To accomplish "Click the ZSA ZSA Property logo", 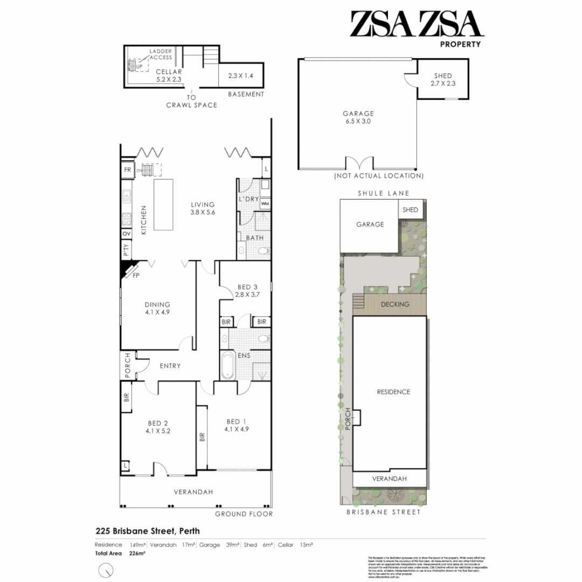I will click(415, 28).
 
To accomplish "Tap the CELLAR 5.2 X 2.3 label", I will click(169, 75).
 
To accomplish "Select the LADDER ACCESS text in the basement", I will click(161, 54).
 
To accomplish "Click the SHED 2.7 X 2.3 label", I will click(443, 80).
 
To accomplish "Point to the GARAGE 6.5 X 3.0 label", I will click(358, 117).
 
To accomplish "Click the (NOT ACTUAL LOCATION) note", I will click(378, 176).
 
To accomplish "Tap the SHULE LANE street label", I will click(383, 193).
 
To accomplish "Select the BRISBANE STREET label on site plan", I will click(383, 512).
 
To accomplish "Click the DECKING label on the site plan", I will click(394, 304).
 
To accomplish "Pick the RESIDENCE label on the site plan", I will click(393, 392).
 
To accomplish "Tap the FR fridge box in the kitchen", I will click(128, 170).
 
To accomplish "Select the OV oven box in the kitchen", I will click(126, 234).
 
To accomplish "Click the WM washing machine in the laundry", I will click(265, 204).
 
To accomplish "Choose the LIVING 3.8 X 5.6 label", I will click(203, 209).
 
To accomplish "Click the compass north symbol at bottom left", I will click(107, 569).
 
